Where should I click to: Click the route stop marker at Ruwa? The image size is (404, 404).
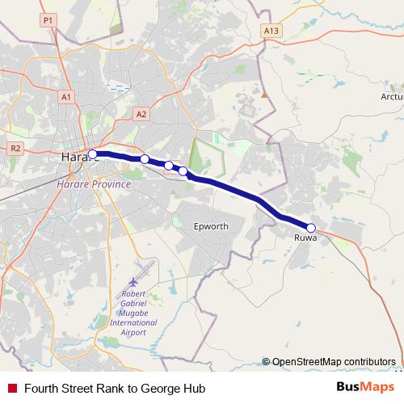(311, 228)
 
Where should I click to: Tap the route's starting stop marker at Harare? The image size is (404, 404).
(92, 154)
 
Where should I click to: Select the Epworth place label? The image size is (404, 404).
(212, 227)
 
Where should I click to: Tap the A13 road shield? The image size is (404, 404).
(271, 31)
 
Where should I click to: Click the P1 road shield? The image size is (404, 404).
(48, 19)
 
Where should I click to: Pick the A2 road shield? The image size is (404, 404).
(141, 114)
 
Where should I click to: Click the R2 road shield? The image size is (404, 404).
(15, 148)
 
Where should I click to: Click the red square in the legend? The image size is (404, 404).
(11, 389)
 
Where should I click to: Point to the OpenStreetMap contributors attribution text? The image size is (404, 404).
(334, 361)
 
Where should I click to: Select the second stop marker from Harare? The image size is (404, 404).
(145, 159)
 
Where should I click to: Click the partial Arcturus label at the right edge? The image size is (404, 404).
(391, 97)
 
